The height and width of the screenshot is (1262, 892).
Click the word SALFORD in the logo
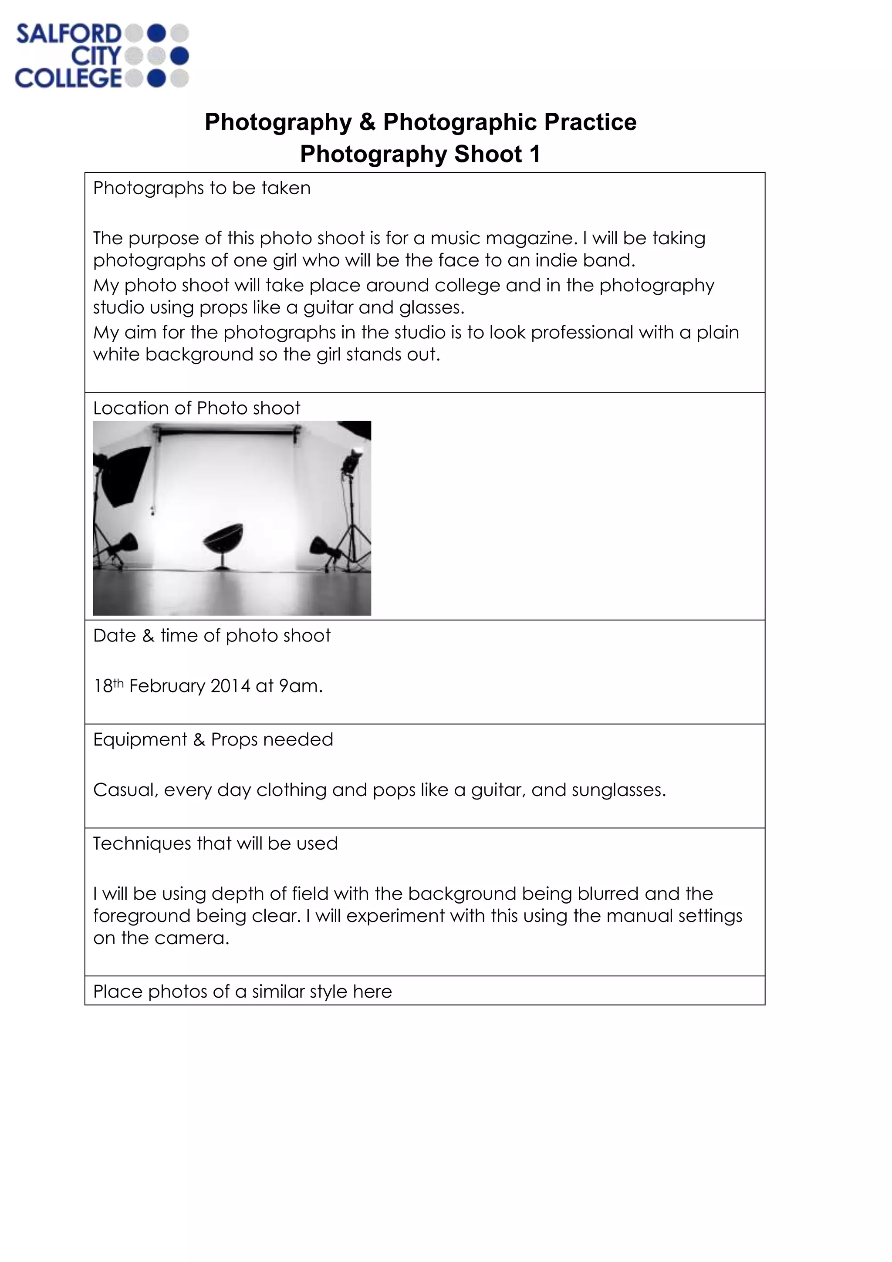[x=68, y=34]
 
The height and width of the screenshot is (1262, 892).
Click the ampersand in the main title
[x=367, y=122]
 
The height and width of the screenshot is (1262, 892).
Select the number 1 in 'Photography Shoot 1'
[x=534, y=155]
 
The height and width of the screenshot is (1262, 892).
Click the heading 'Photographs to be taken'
[x=202, y=188]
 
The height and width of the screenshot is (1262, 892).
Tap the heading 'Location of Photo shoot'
[x=196, y=408]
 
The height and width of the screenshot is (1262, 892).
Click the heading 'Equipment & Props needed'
[x=213, y=739]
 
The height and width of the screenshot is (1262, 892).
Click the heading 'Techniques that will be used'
[x=215, y=843]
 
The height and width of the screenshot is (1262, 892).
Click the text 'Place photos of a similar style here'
[x=242, y=991]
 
